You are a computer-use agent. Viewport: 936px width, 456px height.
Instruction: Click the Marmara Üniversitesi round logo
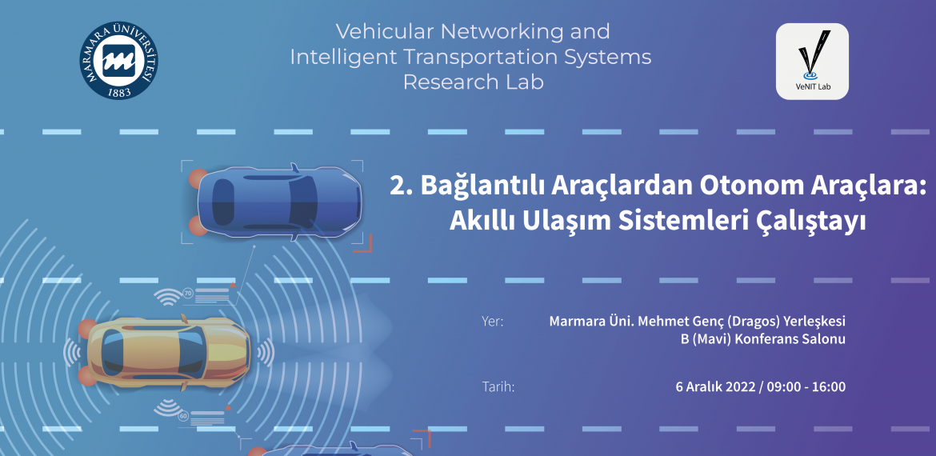[118, 60]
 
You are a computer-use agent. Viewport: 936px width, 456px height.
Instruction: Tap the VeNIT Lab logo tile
[812, 62]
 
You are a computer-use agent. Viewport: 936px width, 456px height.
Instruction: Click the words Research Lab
[474, 82]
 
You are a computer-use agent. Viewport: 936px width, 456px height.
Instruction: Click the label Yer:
[493, 322]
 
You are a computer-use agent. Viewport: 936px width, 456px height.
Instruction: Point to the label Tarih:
[498, 386]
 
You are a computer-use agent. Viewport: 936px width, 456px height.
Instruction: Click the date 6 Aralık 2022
[715, 386]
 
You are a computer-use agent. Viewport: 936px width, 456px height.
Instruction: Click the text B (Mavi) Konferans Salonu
[763, 340]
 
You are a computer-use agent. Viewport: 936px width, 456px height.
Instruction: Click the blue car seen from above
[279, 202]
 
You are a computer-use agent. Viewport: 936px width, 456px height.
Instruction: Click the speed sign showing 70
[187, 294]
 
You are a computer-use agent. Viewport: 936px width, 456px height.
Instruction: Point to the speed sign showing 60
[182, 415]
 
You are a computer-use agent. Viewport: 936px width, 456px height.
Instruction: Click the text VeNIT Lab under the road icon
[812, 88]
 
